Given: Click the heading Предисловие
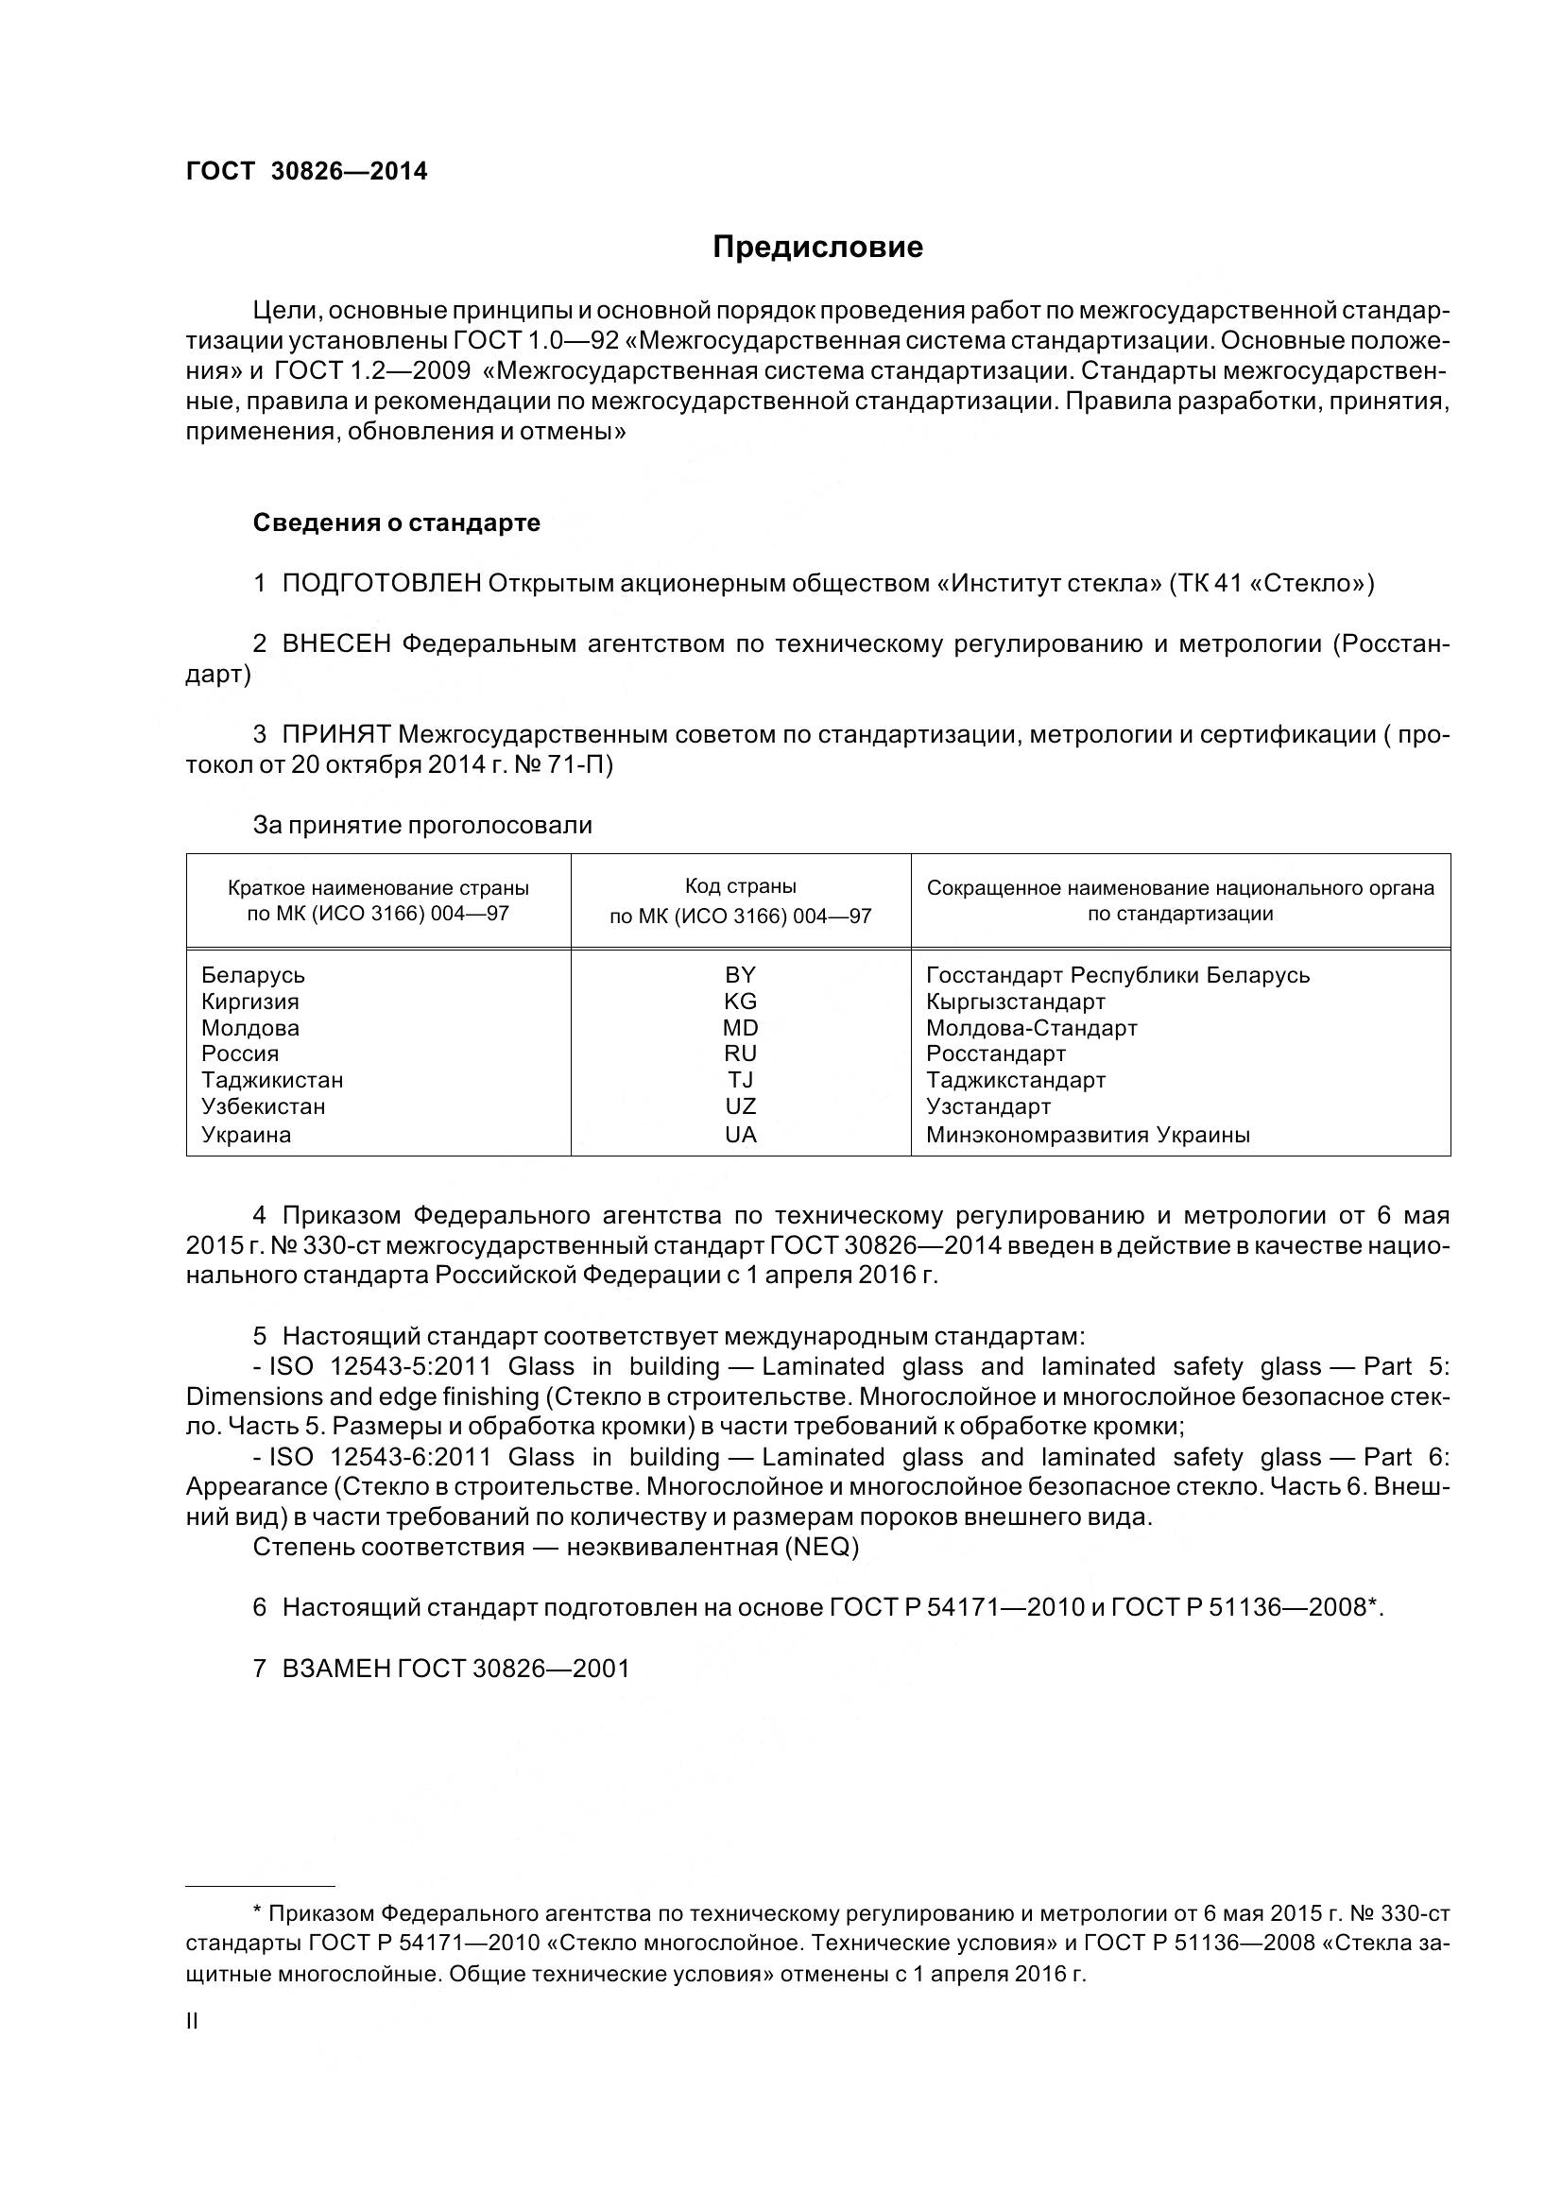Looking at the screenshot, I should (x=817, y=248).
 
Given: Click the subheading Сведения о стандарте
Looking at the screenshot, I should (x=397, y=523).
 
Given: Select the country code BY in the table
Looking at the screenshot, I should (x=740, y=974).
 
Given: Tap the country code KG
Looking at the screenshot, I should (x=740, y=1001).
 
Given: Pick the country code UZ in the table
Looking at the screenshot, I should (x=740, y=1106).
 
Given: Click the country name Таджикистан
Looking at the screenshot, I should (x=272, y=1080).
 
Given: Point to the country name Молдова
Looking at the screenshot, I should (x=250, y=1028).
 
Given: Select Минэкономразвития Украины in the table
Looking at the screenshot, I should (x=1088, y=1134).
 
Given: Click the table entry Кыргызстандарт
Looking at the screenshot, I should (x=1016, y=1001).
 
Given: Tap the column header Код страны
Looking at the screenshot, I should (x=740, y=885).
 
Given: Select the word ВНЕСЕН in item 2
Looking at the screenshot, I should (x=335, y=644).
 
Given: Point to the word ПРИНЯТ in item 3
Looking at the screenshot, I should (x=335, y=734).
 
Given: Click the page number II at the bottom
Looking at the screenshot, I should (x=192, y=2021).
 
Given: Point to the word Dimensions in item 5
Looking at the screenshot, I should (x=254, y=1396).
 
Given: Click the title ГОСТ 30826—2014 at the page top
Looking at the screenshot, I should (x=306, y=171).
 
